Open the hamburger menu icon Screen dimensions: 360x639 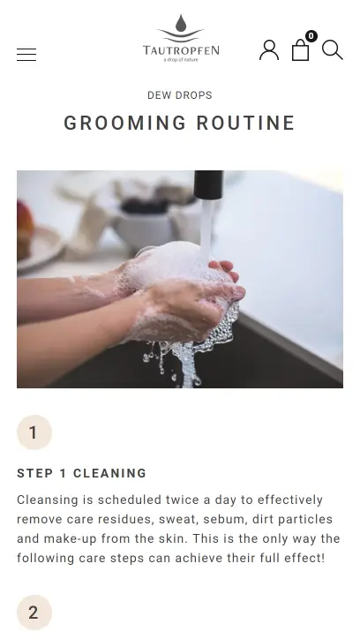coord(26,55)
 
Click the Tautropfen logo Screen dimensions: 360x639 coord(181,38)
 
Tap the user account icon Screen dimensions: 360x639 coord(269,50)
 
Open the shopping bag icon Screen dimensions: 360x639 coord(301,50)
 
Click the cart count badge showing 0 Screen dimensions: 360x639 coord(311,36)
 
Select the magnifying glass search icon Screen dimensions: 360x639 coord(333,50)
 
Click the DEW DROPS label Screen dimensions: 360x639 coord(180,95)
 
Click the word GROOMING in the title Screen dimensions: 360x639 coord(125,123)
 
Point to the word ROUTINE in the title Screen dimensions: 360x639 coord(245,123)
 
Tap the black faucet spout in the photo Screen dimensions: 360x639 coord(208,184)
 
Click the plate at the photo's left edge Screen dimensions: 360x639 coord(39,249)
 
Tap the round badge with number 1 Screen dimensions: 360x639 coord(34,432)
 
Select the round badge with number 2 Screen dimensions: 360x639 coord(34,613)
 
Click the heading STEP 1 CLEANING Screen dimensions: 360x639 coord(81,473)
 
